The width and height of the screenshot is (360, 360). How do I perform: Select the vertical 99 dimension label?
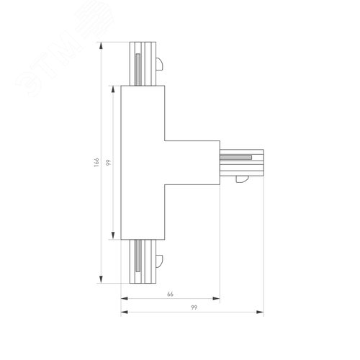coord(108,163)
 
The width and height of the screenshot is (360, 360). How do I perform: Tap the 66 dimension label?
coord(170,294)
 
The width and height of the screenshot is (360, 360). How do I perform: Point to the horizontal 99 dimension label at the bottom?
coord(192,308)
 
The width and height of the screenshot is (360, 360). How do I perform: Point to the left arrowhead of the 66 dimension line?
coord(123,299)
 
